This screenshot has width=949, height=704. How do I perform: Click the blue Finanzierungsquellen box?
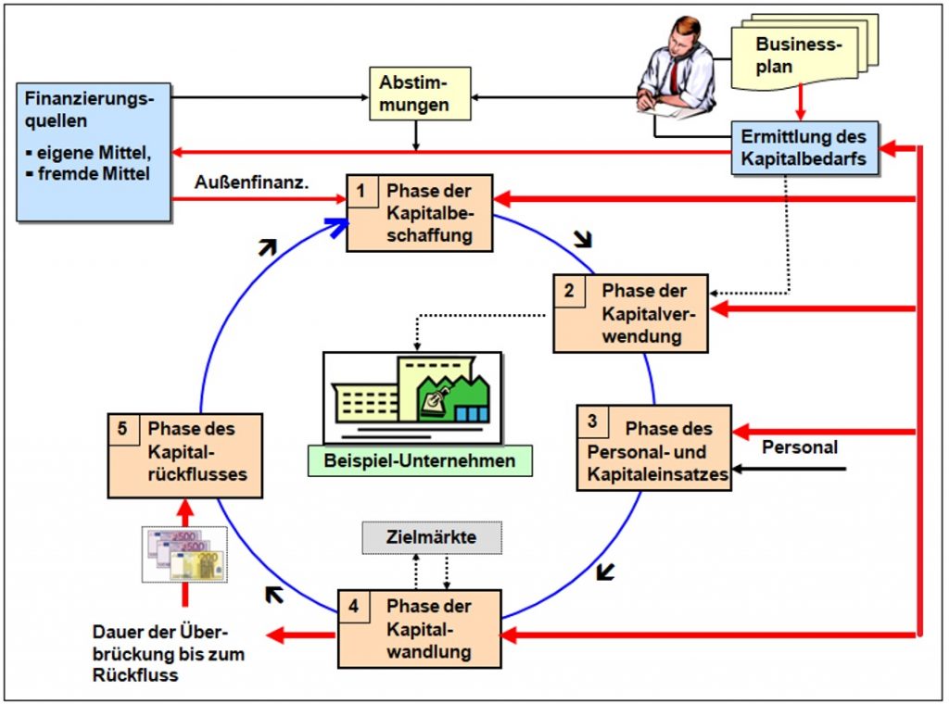[x=94, y=152]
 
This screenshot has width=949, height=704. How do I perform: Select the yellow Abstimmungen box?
[x=420, y=94]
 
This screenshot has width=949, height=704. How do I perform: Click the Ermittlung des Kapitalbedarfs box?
[x=804, y=147]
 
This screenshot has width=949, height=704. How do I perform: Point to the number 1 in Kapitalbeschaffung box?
[x=361, y=191]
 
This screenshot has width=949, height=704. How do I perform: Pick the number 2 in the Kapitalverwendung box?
[x=569, y=291]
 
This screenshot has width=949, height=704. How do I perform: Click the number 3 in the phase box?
[x=592, y=421]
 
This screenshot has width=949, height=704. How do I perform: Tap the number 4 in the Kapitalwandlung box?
[x=353, y=606]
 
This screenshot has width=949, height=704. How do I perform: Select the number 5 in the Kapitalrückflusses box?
[x=123, y=429]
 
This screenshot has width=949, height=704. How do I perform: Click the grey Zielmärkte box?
[x=432, y=537]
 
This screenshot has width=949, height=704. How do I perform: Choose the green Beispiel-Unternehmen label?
[x=420, y=461]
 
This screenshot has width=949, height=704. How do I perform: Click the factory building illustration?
[x=412, y=398]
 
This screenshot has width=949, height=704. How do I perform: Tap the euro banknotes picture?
[x=184, y=555]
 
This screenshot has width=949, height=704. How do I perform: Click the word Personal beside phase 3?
[x=800, y=447]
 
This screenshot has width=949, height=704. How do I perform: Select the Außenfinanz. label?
[x=251, y=182]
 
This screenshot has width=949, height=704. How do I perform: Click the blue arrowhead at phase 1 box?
[x=337, y=227]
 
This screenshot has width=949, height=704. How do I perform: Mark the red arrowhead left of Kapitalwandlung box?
[x=276, y=635]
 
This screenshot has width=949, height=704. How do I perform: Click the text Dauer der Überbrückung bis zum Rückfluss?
[x=169, y=654]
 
